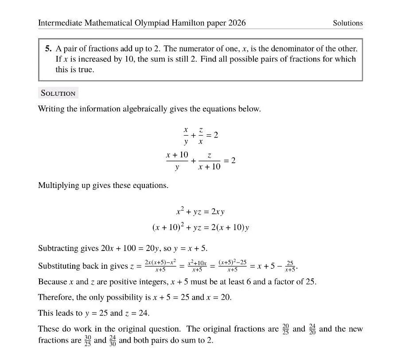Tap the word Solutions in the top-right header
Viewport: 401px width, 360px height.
click(x=348, y=23)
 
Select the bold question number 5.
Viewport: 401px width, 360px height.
click(x=48, y=49)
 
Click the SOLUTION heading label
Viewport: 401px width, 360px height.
click(x=58, y=93)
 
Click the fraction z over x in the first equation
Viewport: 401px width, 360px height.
click(x=201, y=135)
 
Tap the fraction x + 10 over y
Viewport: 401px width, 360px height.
click(x=177, y=160)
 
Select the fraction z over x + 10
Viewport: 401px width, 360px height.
click(x=209, y=160)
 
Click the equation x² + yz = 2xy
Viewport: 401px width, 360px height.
click(x=200, y=211)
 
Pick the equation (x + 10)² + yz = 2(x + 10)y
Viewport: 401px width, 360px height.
click(x=200, y=227)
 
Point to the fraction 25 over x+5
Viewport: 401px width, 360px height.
click(x=290, y=266)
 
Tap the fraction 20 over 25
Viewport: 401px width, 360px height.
click(x=286, y=329)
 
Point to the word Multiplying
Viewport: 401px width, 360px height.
click(x=59, y=185)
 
